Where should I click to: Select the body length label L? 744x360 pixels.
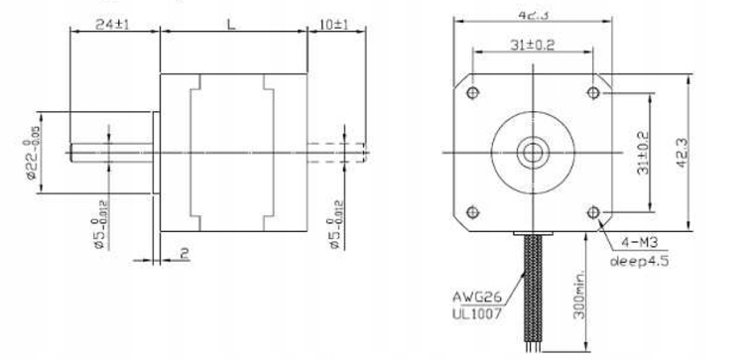230,21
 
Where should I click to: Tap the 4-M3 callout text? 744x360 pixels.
639,240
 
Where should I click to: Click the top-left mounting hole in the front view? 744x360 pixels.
472,91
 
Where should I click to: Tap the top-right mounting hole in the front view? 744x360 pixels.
594,91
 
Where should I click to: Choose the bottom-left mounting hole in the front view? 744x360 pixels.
472,211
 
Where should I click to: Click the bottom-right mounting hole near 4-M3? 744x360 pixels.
594,211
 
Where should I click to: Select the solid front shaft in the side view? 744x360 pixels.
109,151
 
